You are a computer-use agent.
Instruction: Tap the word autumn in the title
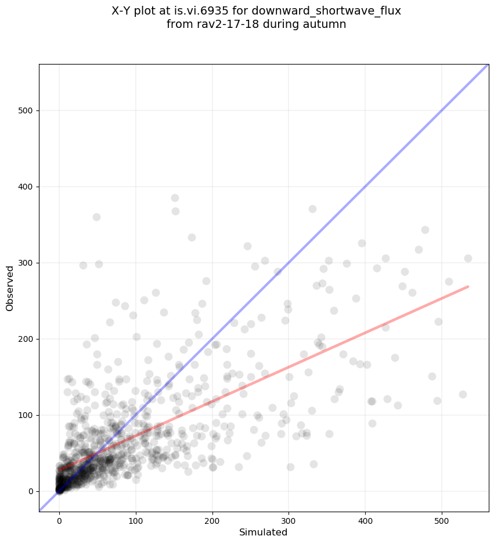point(327,24)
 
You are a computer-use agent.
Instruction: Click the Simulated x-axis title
point(264,532)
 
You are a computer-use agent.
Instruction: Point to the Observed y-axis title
point(10,288)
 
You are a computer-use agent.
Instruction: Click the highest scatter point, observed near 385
point(175,198)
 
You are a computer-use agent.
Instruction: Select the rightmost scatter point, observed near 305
point(468,258)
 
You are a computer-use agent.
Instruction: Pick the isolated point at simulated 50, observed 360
point(96,217)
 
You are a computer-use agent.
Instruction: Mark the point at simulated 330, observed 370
point(312,209)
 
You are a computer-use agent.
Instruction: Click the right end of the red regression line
point(467,287)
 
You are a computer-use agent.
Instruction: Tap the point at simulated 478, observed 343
point(425,230)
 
